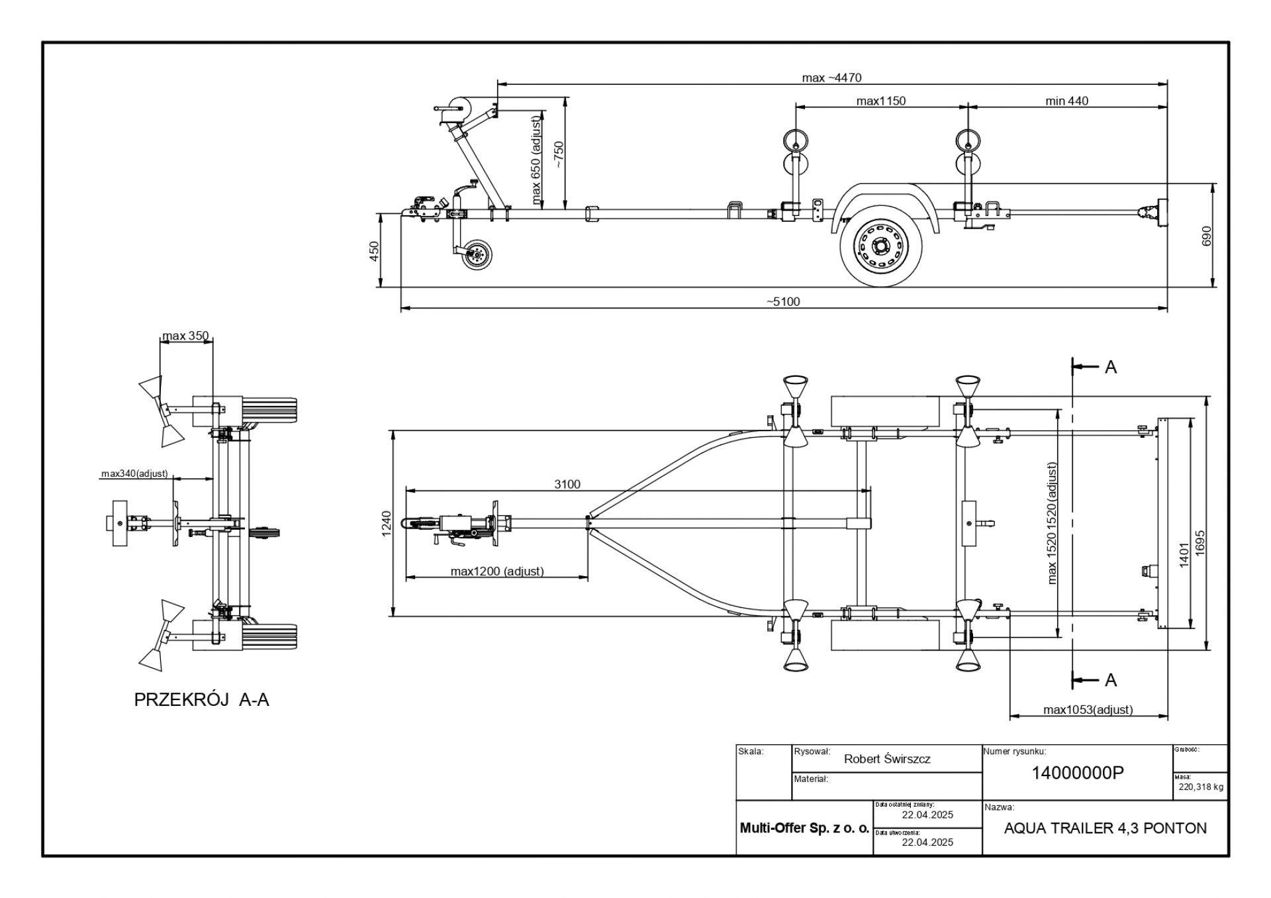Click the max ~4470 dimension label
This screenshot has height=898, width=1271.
point(831,77)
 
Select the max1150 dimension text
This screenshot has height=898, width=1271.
point(880,101)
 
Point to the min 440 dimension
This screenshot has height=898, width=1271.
point(1066,101)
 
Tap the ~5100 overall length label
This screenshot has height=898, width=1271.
point(783,301)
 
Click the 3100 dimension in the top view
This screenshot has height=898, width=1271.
point(567,484)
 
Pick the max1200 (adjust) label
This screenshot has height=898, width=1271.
point(497,571)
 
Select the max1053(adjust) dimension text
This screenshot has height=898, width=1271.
point(1088,709)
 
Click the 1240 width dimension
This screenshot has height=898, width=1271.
point(387,524)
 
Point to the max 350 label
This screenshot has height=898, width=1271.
point(185,336)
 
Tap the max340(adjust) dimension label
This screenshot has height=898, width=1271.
point(134,474)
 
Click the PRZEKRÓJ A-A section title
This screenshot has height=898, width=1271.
point(202,700)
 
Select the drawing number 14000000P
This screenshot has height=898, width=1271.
point(1078,772)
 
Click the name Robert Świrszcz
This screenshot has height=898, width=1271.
point(887,759)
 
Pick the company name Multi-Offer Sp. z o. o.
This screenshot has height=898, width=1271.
point(804,828)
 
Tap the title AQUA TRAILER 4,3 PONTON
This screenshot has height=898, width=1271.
point(1106,828)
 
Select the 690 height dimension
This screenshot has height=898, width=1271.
point(1205,236)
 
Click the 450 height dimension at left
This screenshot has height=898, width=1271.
point(374,251)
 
